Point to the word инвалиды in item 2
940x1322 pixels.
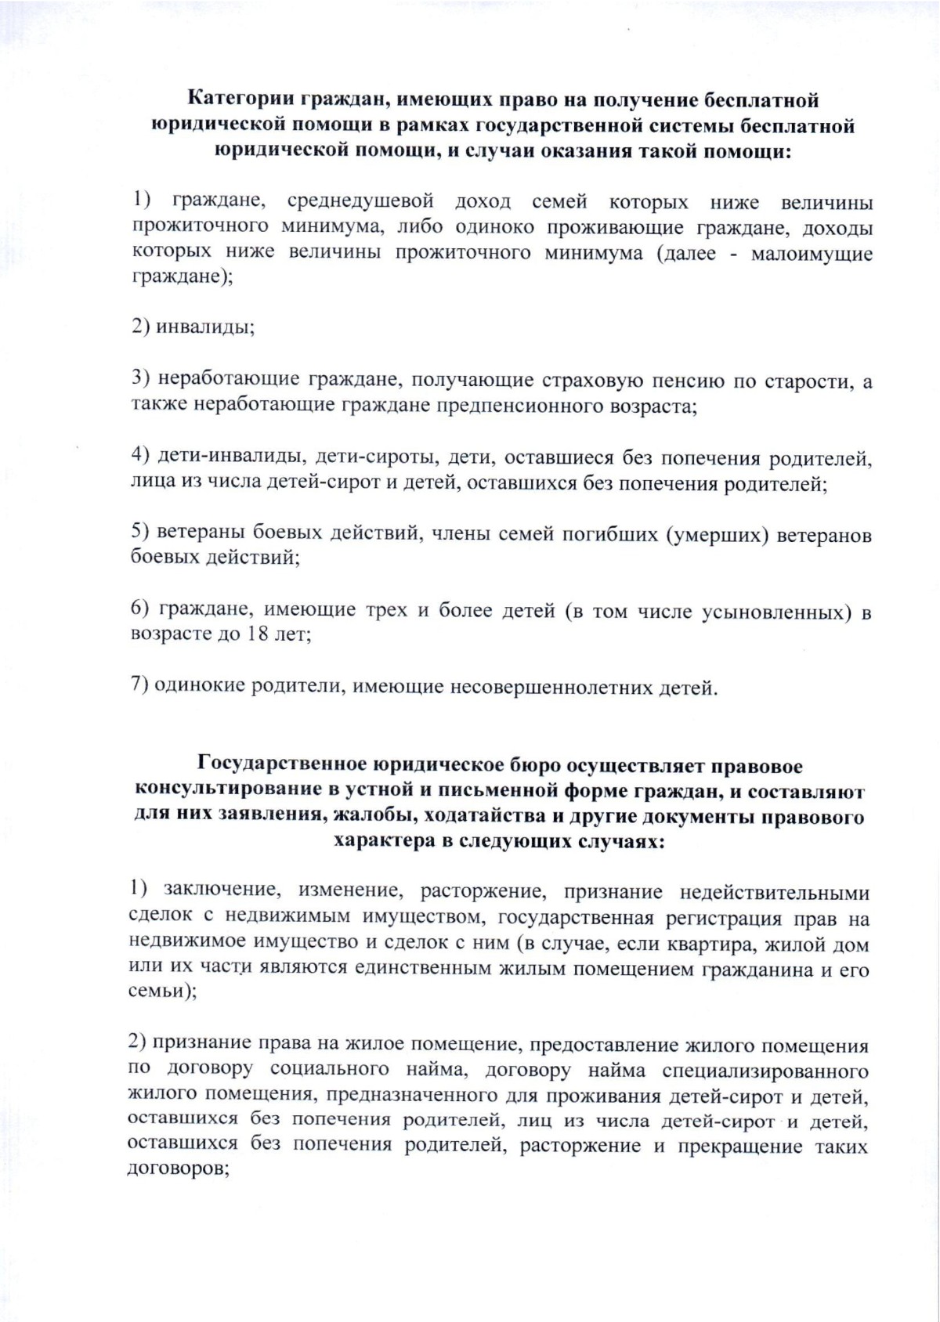click(204, 327)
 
